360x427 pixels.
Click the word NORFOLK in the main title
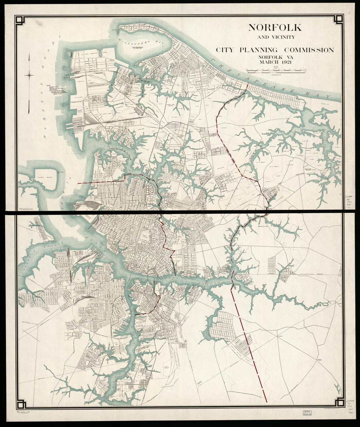pyautogui.click(x=270, y=27)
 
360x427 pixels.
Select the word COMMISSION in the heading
pyautogui.click(x=309, y=50)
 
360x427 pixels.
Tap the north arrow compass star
pyautogui.click(x=30, y=76)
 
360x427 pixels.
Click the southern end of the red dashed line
pyautogui.click(x=267, y=402)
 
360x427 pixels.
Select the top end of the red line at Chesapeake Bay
pyautogui.click(x=247, y=84)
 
